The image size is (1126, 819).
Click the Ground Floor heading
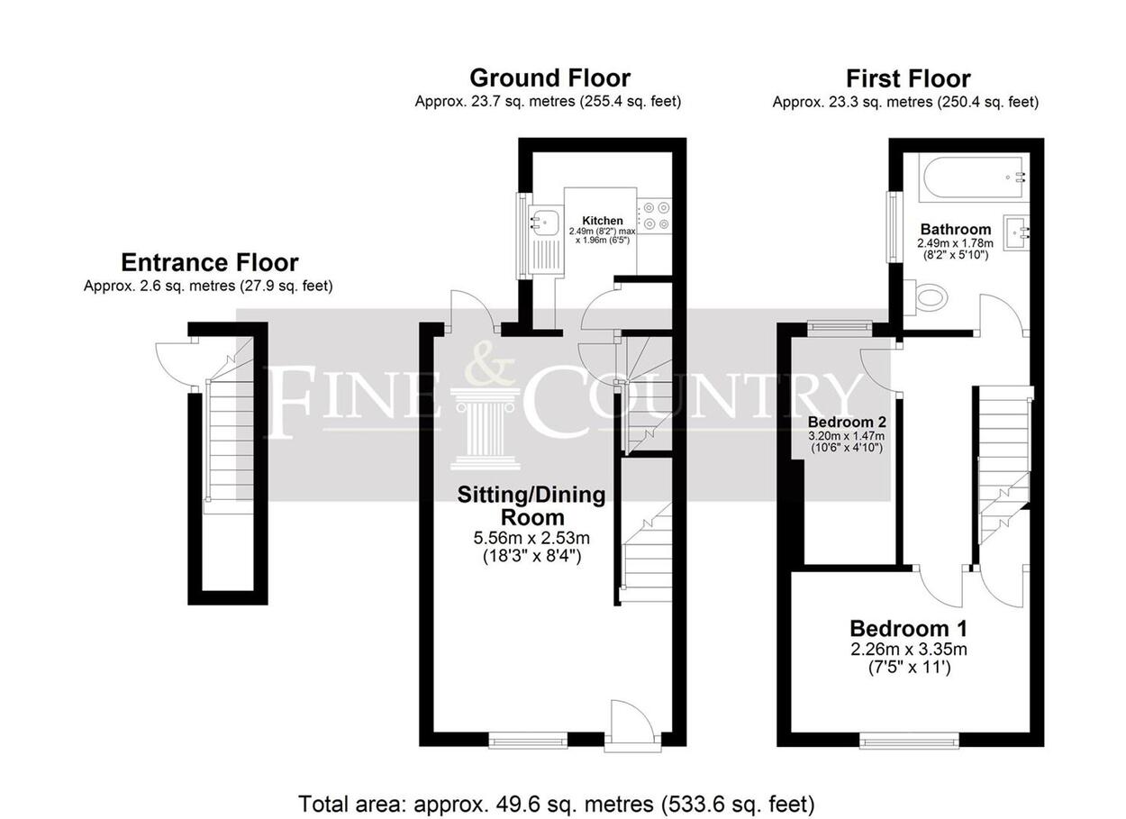[549, 78]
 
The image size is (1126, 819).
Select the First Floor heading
[908, 79]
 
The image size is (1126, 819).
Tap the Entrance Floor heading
[210, 262]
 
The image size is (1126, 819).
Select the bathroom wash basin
[1016, 232]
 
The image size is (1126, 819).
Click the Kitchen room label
[603, 221]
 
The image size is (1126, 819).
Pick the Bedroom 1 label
[908, 629]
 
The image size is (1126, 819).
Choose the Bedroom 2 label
[847, 422]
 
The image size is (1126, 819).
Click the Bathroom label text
[956, 229]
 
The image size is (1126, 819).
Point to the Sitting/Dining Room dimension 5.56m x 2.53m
[531, 539]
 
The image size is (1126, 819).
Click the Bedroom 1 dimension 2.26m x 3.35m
[909, 650]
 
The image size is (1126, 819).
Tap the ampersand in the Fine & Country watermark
[490, 361]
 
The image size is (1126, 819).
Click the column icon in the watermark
[486, 429]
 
